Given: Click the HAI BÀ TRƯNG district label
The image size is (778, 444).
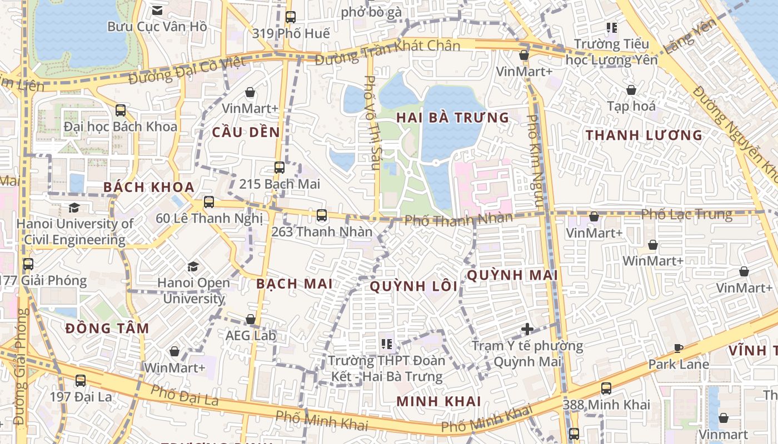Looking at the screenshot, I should point(452,118).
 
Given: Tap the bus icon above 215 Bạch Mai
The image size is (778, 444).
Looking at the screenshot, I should point(280,167).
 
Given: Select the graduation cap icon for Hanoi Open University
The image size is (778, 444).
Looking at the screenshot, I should point(193,266).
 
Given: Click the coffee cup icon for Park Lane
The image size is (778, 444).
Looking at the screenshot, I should point(679,348).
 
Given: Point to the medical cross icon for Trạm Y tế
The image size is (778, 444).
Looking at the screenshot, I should point(527,330).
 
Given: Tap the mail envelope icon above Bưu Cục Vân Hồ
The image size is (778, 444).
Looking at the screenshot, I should point(157,10).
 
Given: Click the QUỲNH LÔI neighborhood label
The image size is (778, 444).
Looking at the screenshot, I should point(413,286).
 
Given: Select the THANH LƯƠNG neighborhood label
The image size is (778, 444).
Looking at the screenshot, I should point(644,135).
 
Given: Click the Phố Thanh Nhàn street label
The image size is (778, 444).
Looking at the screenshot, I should point(458,219).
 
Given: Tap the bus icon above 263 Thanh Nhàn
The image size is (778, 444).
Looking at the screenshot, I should point(321,215).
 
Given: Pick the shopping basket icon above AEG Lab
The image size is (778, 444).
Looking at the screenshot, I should point(251,319).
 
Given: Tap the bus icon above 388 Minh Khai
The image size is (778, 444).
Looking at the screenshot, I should point(606,388).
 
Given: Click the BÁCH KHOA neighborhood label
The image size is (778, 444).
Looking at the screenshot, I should point(149,187).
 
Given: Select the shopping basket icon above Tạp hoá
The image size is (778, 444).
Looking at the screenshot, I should point(631,89).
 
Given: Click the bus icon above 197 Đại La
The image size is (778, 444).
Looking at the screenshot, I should point(81,380).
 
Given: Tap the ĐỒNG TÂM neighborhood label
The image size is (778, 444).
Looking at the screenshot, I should point(107,329).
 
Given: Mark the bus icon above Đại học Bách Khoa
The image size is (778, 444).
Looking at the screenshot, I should point(121,110).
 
